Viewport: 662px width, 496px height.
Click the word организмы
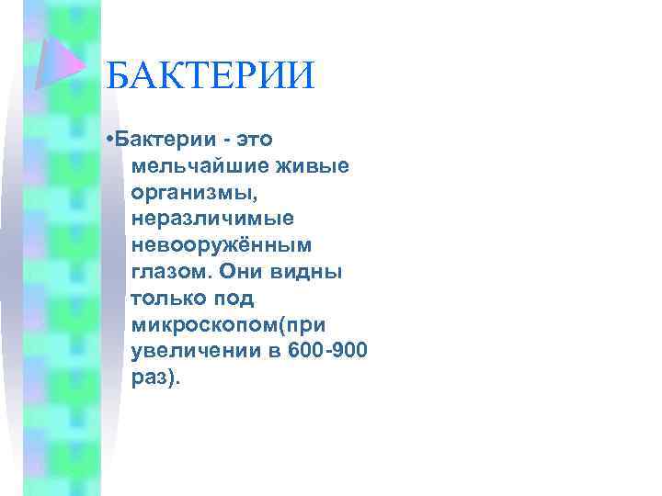tap(191, 194)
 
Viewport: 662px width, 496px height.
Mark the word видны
tap(312, 272)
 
